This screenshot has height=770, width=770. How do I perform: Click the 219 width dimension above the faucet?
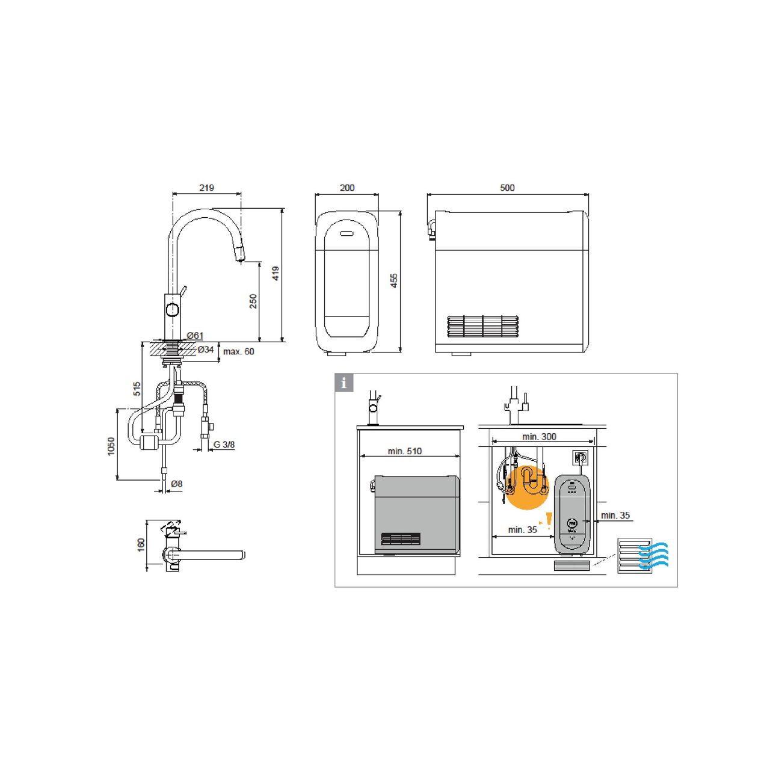pyautogui.click(x=206, y=188)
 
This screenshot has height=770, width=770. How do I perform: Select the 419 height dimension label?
pyautogui.click(x=276, y=273)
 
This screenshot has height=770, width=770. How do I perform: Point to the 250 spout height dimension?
pyautogui.click(x=253, y=301)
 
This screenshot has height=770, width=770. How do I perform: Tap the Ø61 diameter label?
pyautogui.click(x=195, y=336)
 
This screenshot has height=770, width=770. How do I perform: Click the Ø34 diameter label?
pyautogui.click(x=206, y=350)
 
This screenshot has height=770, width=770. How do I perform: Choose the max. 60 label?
pyautogui.click(x=239, y=352)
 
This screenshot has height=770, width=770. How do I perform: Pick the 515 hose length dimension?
pyautogui.click(x=137, y=389)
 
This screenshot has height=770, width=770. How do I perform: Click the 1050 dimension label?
pyautogui.click(x=111, y=446)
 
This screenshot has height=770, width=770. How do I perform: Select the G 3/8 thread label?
pyautogui.click(x=224, y=445)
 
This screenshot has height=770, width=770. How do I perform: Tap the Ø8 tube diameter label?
pyautogui.click(x=176, y=484)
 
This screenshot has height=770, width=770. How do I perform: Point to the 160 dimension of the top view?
pyautogui.click(x=141, y=545)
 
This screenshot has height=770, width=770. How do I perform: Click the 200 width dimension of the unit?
pyautogui.click(x=347, y=188)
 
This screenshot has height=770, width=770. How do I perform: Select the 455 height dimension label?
pyautogui.click(x=394, y=281)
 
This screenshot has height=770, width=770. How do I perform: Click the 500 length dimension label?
pyautogui.click(x=507, y=188)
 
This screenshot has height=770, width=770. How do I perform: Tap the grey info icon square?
pyautogui.click(x=344, y=383)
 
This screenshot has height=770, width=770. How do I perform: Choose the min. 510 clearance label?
pyautogui.click(x=405, y=451)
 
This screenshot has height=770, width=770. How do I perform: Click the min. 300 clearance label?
pyautogui.click(x=540, y=437)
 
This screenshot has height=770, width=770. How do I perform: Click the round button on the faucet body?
pyautogui.click(x=173, y=310)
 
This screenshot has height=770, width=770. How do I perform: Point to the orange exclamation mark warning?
pyautogui.click(x=549, y=520)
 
